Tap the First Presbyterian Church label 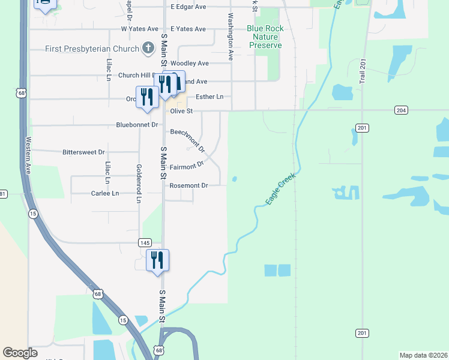pos(92,48)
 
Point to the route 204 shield pos(402,110)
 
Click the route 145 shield pos(145,242)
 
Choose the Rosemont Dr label pos(188,186)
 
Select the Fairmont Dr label pos(187,166)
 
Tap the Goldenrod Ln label pos(139,183)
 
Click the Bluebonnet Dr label pos(137,125)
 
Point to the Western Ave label pos(28,155)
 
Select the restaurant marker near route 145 pos(157,261)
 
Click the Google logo pos(20,353)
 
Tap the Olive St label pos(181,111)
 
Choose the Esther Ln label pos(209,97)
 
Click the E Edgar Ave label pos(188,7)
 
